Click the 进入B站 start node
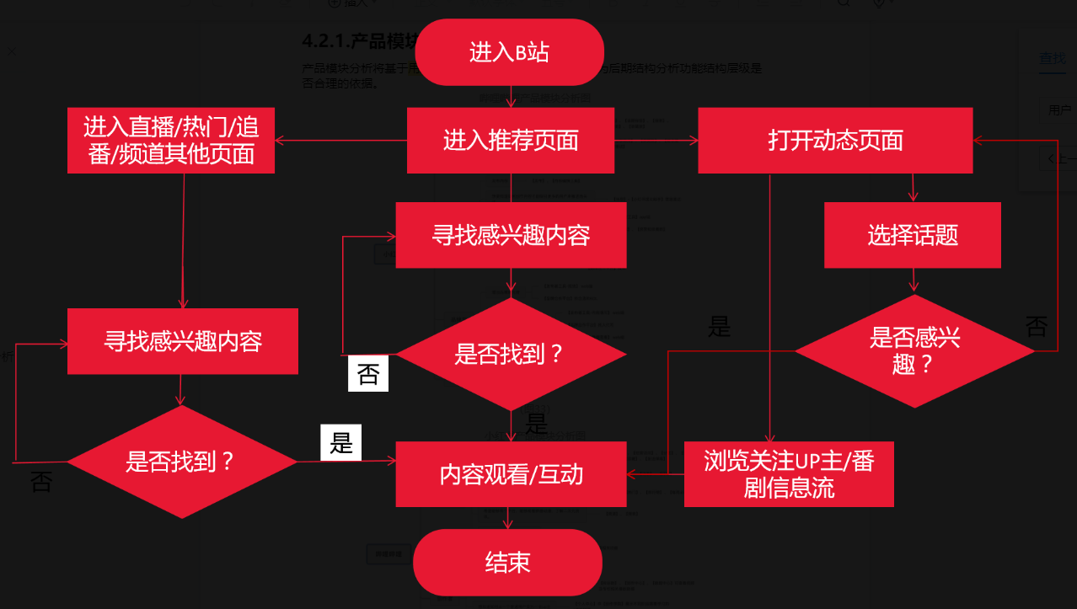click(509, 52)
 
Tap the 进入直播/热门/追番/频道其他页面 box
click(171, 140)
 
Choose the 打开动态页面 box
click(835, 140)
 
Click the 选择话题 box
click(913, 234)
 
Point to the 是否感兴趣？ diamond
click(914, 351)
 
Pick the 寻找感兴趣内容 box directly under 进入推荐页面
click(511, 235)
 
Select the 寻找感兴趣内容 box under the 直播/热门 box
click(183, 341)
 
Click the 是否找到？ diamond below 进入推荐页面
click(510, 355)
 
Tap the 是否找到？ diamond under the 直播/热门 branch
click(181, 462)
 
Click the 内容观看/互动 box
click(511, 475)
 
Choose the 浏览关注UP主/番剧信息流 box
click(789, 474)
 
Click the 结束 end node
click(507, 563)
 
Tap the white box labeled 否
click(368, 374)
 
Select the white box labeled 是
click(340, 442)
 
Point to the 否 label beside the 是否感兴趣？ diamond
click(1036, 327)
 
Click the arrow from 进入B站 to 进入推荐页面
click(511, 96)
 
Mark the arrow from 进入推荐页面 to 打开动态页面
click(656, 141)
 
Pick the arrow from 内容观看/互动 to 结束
click(508, 518)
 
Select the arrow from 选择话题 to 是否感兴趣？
click(914, 280)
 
